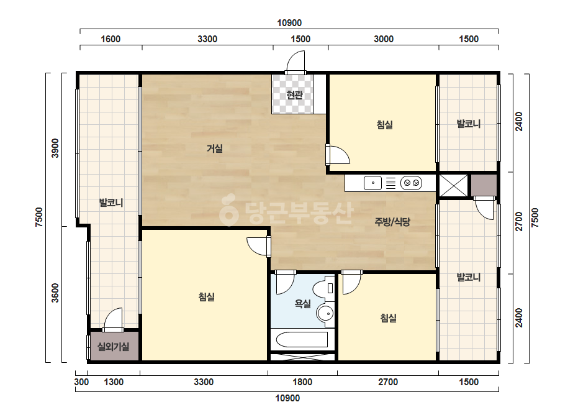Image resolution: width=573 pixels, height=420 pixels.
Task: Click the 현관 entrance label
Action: click(x=294, y=95)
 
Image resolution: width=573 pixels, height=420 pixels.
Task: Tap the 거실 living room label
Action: click(x=215, y=148)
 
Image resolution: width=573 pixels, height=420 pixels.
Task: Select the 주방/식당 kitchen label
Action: click(x=392, y=222)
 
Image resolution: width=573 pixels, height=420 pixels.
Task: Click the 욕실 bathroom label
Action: click(x=302, y=304)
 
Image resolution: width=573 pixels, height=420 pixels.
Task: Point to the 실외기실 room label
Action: click(x=113, y=347)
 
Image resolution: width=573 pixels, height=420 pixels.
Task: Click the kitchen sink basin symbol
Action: click(x=372, y=183)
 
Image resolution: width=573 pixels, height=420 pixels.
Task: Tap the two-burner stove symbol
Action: click(x=411, y=183)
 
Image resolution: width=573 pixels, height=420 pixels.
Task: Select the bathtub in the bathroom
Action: click(x=302, y=339)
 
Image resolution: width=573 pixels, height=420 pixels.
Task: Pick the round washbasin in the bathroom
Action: click(x=325, y=314)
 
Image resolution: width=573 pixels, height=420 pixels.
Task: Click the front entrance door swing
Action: click(x=296, y=62)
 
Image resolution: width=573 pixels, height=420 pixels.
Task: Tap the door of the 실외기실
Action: click(x=113, y=320)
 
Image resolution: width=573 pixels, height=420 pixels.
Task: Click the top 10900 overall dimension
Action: click(x=289, y=23)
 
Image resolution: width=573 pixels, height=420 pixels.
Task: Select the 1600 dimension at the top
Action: click(x=111, y=39)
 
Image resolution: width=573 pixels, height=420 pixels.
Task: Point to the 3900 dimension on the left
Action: click(x=55, y=148)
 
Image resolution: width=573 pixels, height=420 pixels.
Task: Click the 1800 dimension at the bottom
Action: click(x=302, y=382)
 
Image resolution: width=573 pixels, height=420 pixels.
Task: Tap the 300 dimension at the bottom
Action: click(x=81, y=382)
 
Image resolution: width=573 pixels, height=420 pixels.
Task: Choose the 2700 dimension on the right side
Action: click(x=519, y=221)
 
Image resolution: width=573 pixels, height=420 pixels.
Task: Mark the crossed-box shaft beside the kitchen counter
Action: click(x=453, y=186)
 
